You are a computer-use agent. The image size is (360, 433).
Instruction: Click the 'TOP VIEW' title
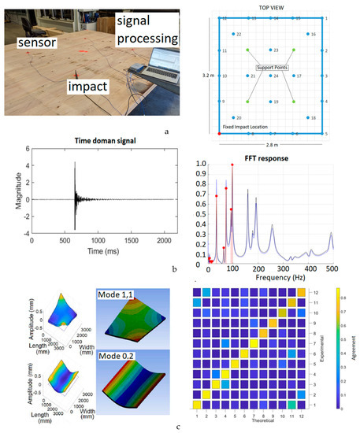coord(270,7)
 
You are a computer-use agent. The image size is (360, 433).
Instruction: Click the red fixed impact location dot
coord(218,134)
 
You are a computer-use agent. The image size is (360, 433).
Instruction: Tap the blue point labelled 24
coord(271,76)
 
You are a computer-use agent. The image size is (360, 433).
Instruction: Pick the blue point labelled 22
coord(234,35)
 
